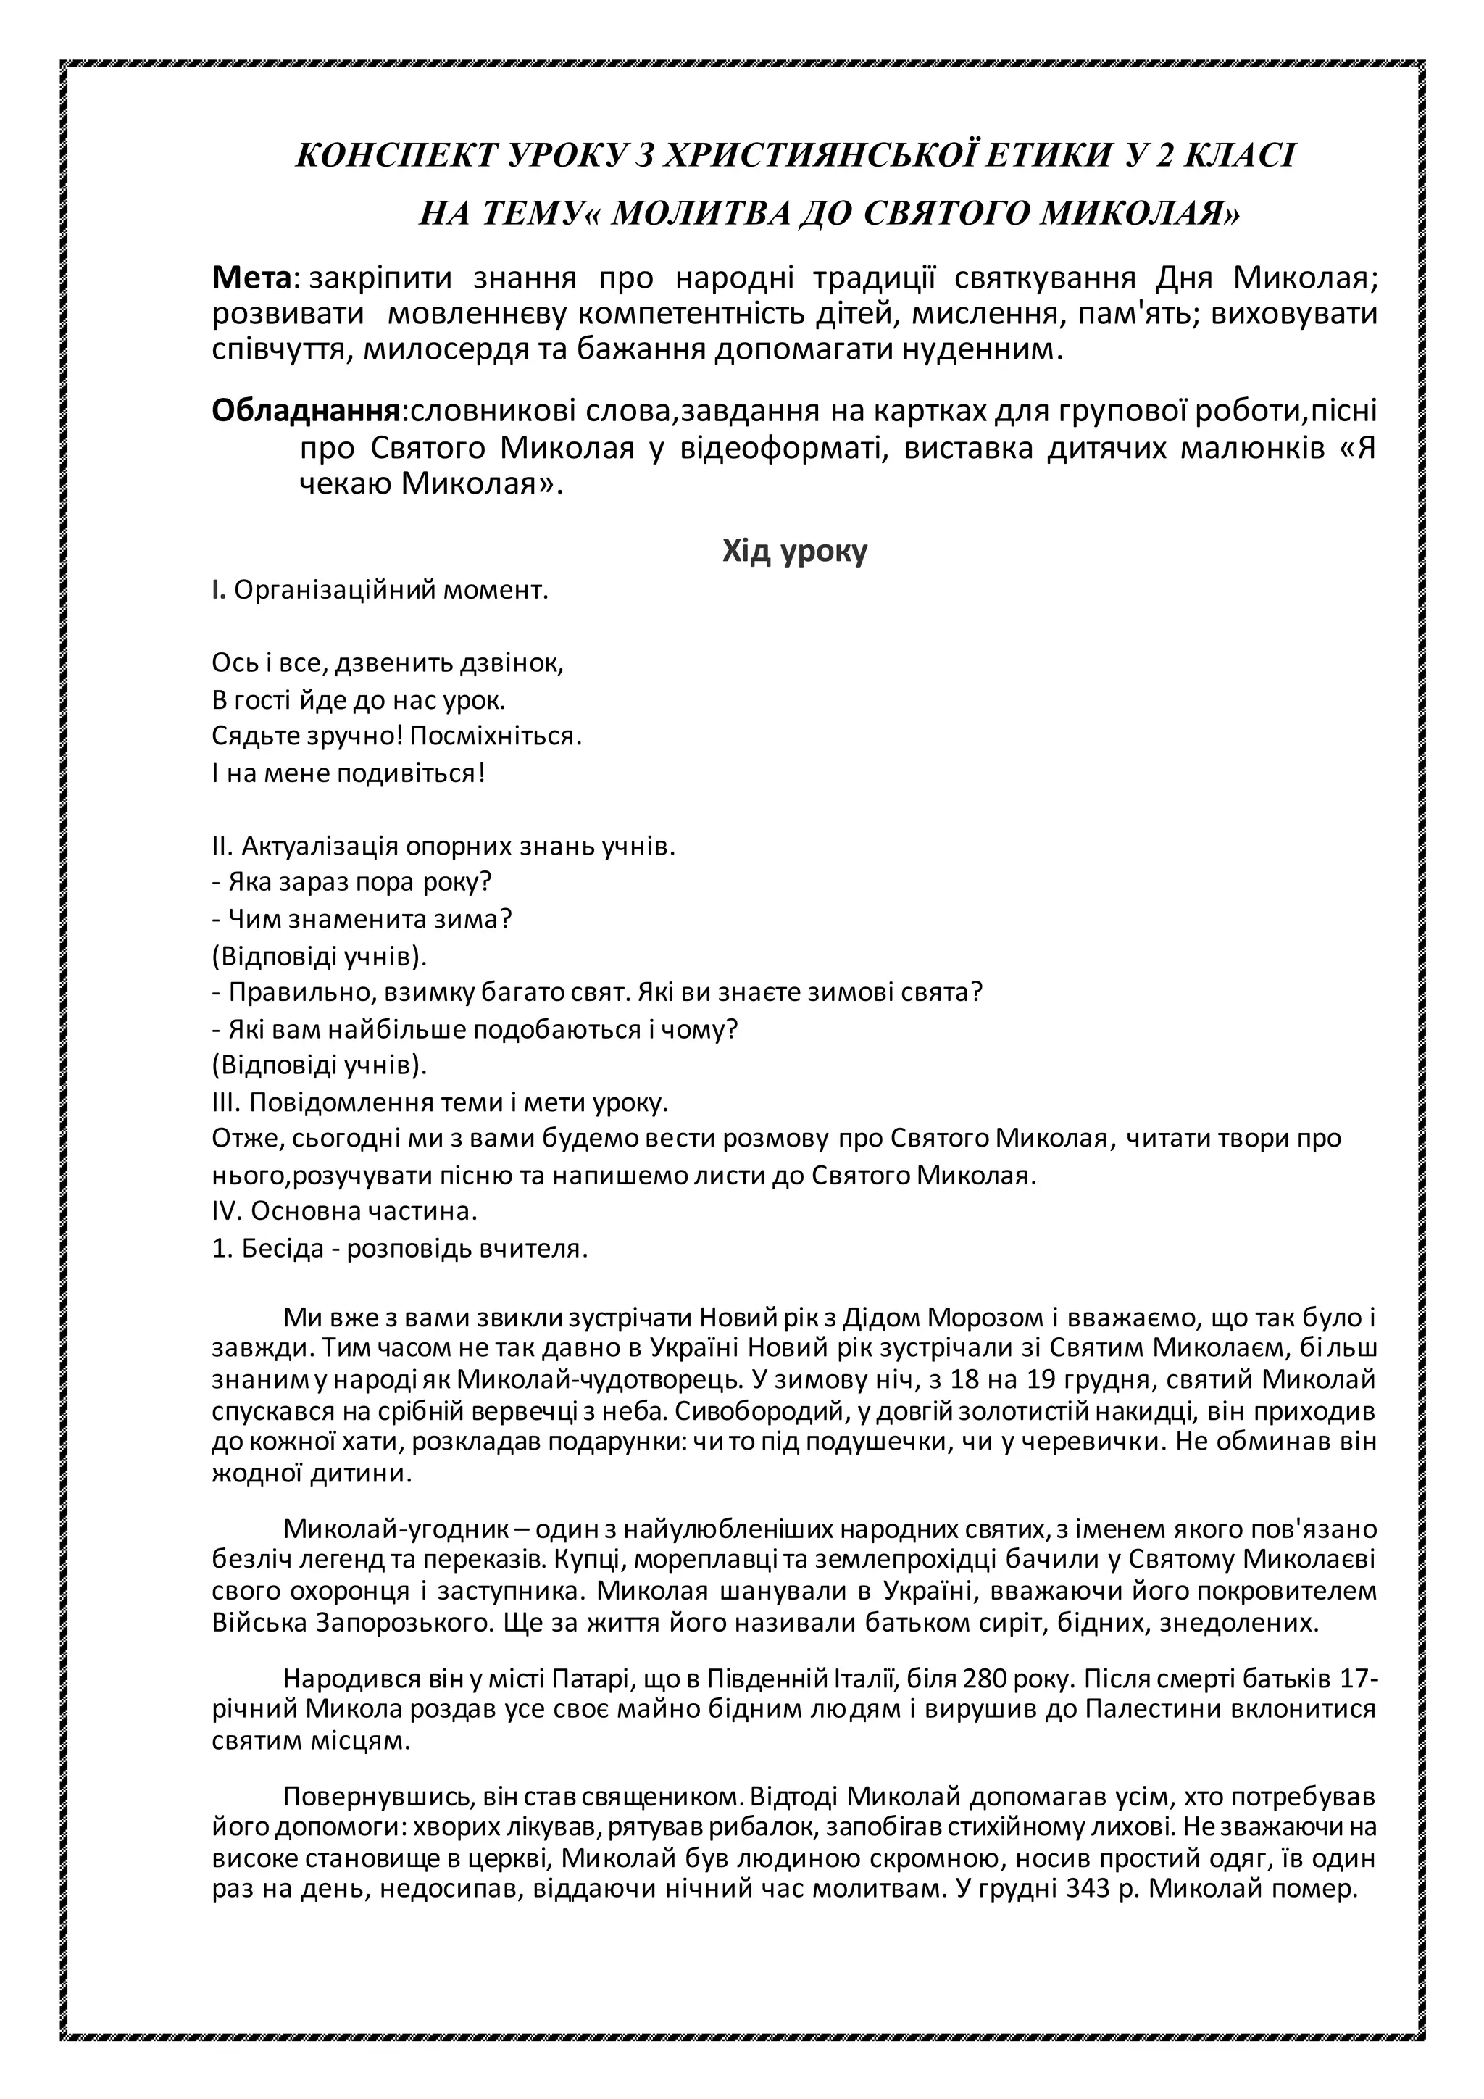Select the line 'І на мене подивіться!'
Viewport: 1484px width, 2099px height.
(x=348, y=773)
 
